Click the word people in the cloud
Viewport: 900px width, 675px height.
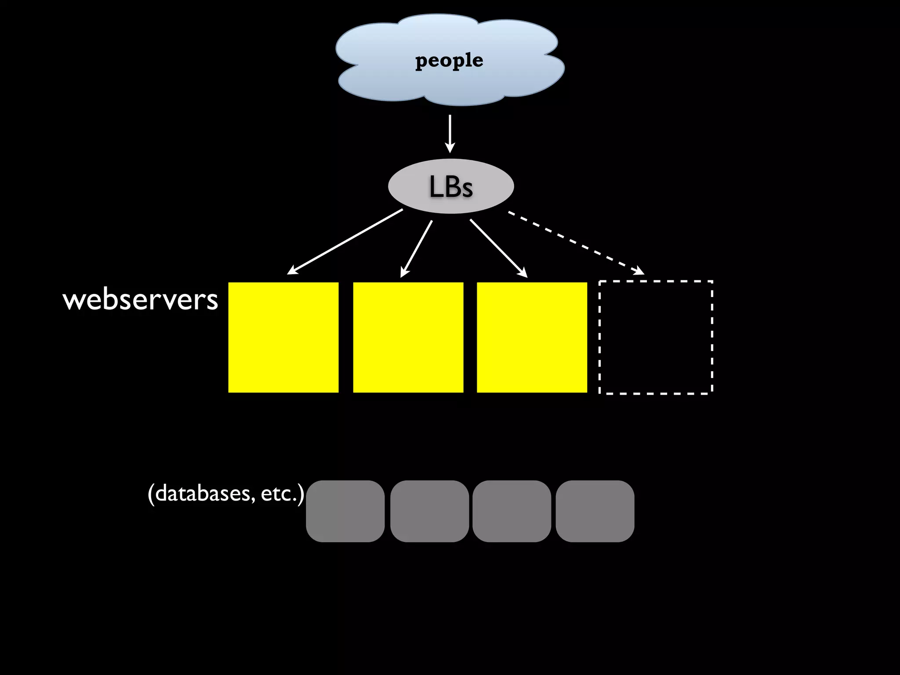pyautogui.click(x=449, y=60)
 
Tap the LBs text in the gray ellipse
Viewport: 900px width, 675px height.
pyautogui.click(x=451, y=187)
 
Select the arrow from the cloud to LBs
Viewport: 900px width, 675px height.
pyautogui.click(x=450, y=132)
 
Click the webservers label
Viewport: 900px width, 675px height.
pyautogui.click(x=141, y=300)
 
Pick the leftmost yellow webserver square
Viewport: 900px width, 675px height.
pyautogui.click(x=283, y=337)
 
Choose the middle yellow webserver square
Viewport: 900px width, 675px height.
pyautogui.click(x=408, y=337)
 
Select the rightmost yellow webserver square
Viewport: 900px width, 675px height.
pyautogui.click(x=532, y=337)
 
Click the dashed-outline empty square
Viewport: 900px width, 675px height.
pyautogui.click(x=656, y=337)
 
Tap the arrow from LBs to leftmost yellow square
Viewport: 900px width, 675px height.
pyautogui.click(x=345, y=242)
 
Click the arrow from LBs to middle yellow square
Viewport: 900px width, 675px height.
pyautogui.click(x=417, y=248)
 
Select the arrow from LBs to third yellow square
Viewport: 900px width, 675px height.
pyautogui.click(x=498, y=247)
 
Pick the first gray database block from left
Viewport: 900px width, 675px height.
pyautogui.click(x=345, y=511)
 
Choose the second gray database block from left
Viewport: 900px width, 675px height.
pyautogui.click(x=429, y=511)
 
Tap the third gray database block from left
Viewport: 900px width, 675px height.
pyautogui.click(x=512, y=511)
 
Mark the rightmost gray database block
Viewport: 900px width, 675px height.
pyautogui.click(x=595, y=511)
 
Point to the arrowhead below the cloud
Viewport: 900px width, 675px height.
pyautogui.click(x=450, y=148)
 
